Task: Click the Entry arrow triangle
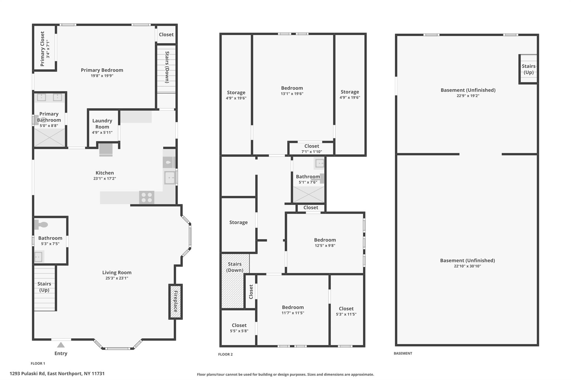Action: pos(61,345)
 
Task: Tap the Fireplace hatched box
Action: pos(175,301)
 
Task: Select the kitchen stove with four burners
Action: pos(147,197)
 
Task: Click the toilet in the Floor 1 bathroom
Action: pos(41,225)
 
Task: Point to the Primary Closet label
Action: pos(42,49)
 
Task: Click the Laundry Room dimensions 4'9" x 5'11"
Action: pos(102,133)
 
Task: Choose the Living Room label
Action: pos(117,273)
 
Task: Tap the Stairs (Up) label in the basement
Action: pos(528,69)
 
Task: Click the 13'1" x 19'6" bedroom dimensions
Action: pos(292,94)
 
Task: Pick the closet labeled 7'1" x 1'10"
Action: pos(311,148)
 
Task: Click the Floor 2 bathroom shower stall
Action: pos(308,194)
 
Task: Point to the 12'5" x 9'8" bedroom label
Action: pos(325,240)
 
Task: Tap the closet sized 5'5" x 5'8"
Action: pos(239,328)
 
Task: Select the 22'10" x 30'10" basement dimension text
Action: pos(467,266)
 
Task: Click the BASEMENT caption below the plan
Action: pos(403,353)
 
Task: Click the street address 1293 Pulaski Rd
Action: pos(57,374)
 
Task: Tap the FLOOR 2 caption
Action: pos(225,354)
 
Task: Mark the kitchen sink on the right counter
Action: pos(170,178)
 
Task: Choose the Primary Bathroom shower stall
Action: pos(50,137)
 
